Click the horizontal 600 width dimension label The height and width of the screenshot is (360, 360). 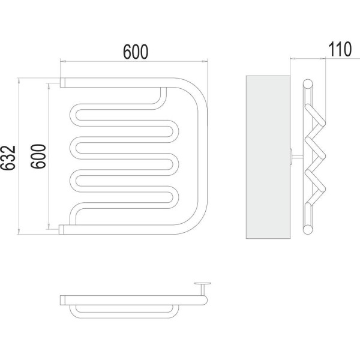(x=136, y=52)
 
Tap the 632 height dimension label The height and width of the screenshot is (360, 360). (x=8, y=158)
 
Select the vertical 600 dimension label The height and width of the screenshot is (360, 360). (x=38, y=157)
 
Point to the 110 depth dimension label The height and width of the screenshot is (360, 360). (x=340, y=49)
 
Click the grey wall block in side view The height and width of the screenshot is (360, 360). (x=268, y=157)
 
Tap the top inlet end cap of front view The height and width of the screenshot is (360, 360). (x=62, y=82)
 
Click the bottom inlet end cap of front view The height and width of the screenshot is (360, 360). (x=61, y=230)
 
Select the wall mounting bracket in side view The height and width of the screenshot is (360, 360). (x=296, y=157)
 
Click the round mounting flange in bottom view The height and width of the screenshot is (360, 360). (x=203, y=284)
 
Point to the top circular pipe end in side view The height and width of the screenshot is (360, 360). (x=308, y=84)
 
